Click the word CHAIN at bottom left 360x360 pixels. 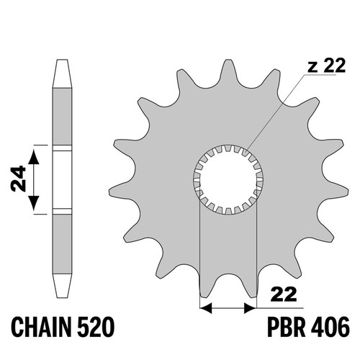coord(42,328)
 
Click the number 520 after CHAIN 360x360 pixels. coord(96,328)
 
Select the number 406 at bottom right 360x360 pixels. coord(330,327)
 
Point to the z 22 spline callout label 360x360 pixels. coord(327,66)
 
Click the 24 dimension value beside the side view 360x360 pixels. coord(18,179)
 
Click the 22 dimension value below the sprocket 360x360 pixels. coord(284,294)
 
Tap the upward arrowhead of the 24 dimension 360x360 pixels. coord(34,157)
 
